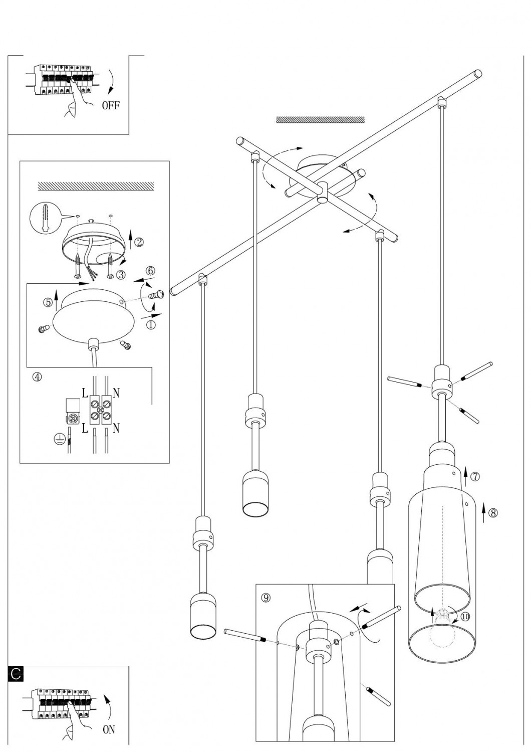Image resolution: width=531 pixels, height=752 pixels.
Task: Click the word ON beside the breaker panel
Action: pos(109,729)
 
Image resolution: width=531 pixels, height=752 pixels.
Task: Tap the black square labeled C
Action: pos(16,673)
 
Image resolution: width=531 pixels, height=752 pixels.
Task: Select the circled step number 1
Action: pos(151,325)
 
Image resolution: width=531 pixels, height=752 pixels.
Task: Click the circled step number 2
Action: pos(139,242)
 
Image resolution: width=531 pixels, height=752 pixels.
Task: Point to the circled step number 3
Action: pos(120,274)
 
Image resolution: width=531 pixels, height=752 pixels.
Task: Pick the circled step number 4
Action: pos(37,377)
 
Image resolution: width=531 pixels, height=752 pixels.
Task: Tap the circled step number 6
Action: pos(150,271)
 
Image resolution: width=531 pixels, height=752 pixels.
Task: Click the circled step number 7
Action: pos(475,476)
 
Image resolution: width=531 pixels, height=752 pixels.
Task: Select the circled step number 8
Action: pos(493,513)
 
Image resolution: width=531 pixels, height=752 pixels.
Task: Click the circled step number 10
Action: pos(465,616)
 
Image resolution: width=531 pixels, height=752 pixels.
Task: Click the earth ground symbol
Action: pos(60,440)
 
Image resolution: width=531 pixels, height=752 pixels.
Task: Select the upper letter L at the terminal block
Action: pos(85,393)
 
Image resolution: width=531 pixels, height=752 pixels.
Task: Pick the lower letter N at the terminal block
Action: pos(116,428)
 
